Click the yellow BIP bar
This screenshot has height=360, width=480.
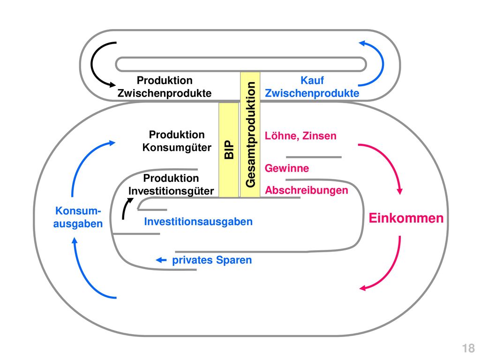pyautogui.click(x=228, y=150)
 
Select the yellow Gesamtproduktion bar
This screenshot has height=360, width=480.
pyautogui.click(x=250, y=135)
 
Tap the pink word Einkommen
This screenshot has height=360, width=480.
pyautogui.click(x=406, y=218)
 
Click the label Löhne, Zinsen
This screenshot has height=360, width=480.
pyautogui.click(x=300, y=135)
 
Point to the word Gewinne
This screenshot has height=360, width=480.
pyautogui.click(x=287, y=168)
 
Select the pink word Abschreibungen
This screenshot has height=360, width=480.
pyautogui.click(x=307, y=190)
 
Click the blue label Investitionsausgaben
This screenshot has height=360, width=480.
pyautogui.click(x=198, y=221)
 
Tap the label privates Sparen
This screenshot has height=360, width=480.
pyautogui.click(x=212, y=260)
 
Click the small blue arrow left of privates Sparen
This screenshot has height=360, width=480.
pyautogui.click(x=161, y=260)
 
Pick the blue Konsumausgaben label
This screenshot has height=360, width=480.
pyautogui.click(x=78, y=217)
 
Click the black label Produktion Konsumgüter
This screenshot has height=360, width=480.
pyautogui.click(x=177, y=141)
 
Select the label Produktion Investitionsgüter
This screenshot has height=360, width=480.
pyautogui.click(x=171, y=184)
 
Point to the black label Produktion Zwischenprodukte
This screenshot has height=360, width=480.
pyautogui.click(x=165, y=87)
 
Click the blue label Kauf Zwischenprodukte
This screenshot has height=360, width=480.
pyautogui.click(x=312, y=87)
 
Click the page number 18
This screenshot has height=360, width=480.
pyautogui.click(x=468, y=348)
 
